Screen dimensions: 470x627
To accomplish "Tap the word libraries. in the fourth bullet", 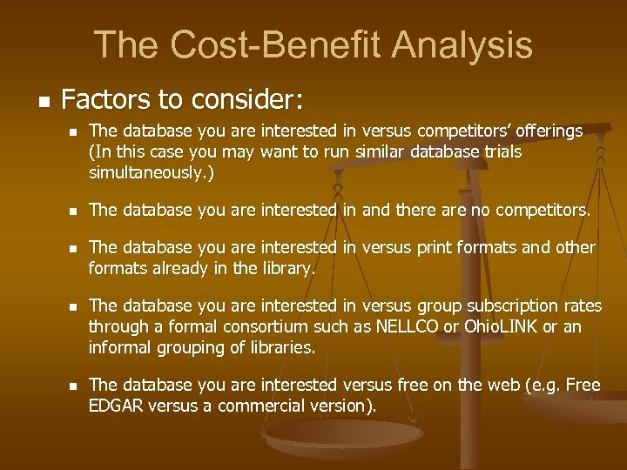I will [271, 348].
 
